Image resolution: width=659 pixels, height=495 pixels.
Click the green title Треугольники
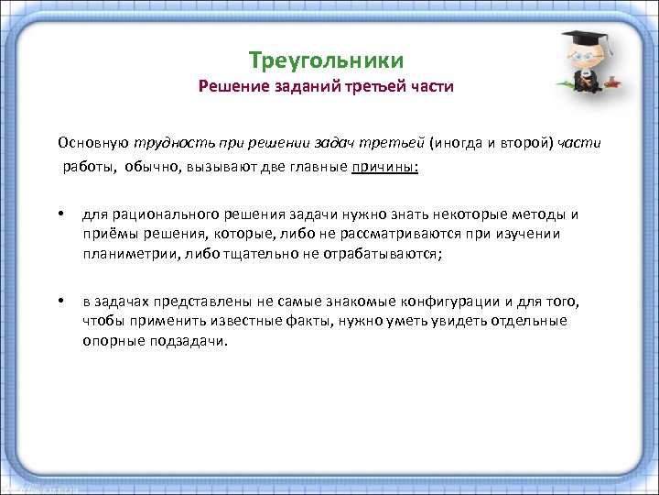point(326,61)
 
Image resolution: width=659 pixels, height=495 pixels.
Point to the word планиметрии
point(127,254)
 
